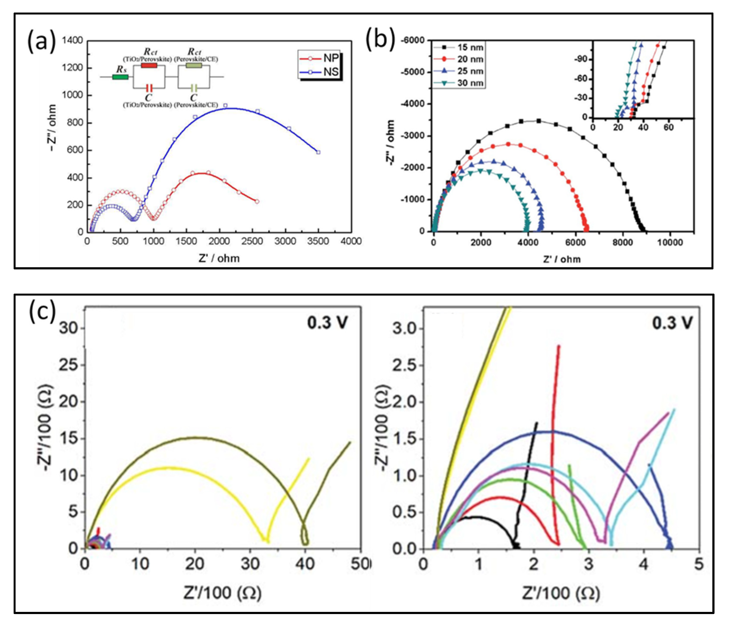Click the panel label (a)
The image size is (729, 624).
(x=42, y=42)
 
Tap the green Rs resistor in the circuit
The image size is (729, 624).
(x=120, y=77)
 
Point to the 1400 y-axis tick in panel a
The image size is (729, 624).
(x=72, y=40)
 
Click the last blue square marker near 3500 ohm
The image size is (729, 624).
(x=318, y=152)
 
